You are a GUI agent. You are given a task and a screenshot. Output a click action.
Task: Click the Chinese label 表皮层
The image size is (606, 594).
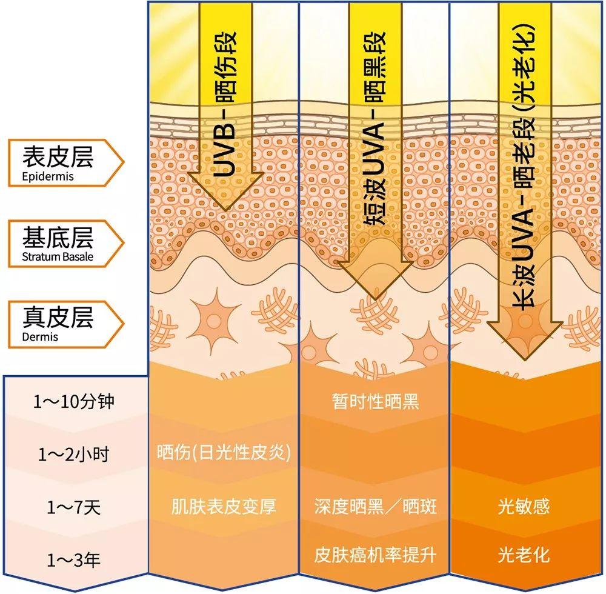click(x=58, y=156)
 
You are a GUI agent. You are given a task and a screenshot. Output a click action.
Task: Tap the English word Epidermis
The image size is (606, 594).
click(x=47, y=176)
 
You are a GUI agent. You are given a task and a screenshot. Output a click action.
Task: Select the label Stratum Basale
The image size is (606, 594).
click(x=58, y=256)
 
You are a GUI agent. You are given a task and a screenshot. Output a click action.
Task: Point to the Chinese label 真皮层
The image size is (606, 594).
click(x=58, y=316)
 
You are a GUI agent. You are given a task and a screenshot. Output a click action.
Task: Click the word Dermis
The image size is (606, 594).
click(x=40, y=336)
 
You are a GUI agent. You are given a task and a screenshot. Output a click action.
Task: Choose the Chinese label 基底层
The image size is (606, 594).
click(x=58, y=237)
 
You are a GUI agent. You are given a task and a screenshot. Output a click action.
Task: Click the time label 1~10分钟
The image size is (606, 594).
click(x=73, y=401)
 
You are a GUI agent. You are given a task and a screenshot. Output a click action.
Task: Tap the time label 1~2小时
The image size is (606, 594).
click(x=73, y=454)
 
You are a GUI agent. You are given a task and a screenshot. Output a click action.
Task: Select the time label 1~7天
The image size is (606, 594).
click(x=73, y=507)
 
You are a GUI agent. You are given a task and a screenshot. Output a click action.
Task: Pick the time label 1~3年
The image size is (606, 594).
click(x=73, y=559)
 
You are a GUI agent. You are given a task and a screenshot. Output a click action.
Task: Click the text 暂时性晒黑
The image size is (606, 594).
click(x=375, y=401)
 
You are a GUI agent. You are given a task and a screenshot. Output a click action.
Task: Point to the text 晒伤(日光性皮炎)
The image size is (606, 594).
click(x=224, y=452)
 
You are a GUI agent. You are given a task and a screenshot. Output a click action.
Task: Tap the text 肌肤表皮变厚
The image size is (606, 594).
click(x=224, y=506)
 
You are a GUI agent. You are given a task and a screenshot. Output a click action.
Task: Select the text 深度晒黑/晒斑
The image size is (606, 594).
click(x=375, y=506)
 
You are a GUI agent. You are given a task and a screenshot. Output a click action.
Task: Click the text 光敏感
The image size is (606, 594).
click(x=524, y=506)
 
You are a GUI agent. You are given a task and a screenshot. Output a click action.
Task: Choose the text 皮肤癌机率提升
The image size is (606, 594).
click(x=375, y=555)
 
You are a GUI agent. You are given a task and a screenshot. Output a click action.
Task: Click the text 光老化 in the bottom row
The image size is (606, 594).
click(x=524, y=555)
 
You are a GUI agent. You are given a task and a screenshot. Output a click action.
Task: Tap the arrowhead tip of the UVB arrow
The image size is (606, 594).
click(x=225, y=210)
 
